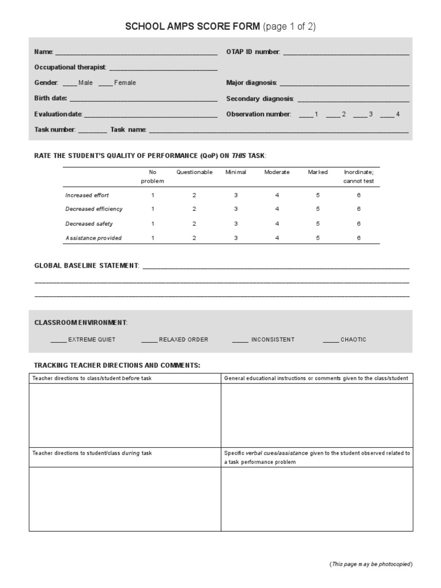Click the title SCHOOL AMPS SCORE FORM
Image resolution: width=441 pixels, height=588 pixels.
pos(193,26)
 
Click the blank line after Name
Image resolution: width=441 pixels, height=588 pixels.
pos(136,53)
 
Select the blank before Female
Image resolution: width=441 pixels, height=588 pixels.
pos(105,83)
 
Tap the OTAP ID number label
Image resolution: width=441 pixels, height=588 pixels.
pos(253,52)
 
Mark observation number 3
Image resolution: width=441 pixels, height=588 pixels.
pos(360,115)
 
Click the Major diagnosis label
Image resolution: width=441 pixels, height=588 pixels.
pos(252,83)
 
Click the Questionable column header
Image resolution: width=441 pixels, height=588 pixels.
pos(194,172)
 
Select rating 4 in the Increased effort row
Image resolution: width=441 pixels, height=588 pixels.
pos(277,195)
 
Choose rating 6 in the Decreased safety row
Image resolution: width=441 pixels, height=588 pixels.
pos(359,224)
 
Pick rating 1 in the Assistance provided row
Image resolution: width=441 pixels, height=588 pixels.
pos(153,238)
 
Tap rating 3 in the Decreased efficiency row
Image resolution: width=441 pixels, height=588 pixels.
pos(235,210)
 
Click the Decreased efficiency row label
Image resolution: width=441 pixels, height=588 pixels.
pos(94,210)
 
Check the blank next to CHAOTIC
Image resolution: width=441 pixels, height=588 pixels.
pos(331,340)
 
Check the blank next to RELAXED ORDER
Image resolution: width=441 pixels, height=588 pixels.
pos(149,340)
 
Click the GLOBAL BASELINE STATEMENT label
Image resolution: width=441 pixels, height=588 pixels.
pos(86,266)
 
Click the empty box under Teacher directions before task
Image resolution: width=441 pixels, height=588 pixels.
pos(125,415)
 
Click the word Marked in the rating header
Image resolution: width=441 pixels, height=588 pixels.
pos(318,172)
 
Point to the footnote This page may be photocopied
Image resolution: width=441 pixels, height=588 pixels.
pos(370,564)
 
